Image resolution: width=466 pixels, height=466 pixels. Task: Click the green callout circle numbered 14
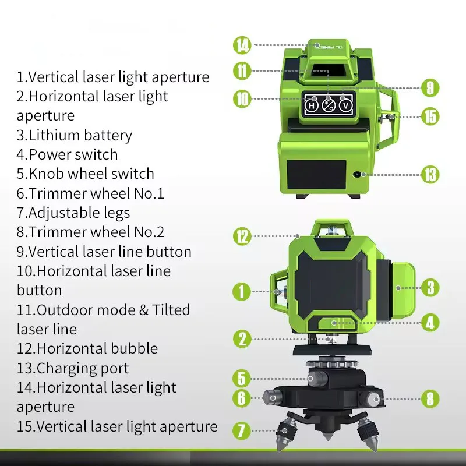click(243, 45)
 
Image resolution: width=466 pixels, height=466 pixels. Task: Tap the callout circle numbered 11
click(243, 72)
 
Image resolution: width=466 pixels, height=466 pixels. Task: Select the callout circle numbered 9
click(429, 87)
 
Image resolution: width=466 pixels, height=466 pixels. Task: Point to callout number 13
click(430, 174)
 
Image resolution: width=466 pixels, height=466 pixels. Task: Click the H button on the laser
click(312, 105)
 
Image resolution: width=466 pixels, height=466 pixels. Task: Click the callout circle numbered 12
click(242, 236)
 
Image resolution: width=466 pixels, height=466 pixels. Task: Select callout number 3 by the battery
click(430, 287)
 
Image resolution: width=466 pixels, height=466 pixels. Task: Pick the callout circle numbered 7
click(242, 431)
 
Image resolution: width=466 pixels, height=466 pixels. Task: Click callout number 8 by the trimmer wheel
click(430, 399)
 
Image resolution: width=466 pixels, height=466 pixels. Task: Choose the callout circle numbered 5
click(242, 378)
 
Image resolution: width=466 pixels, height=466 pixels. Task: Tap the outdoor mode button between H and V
click(329, 105)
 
